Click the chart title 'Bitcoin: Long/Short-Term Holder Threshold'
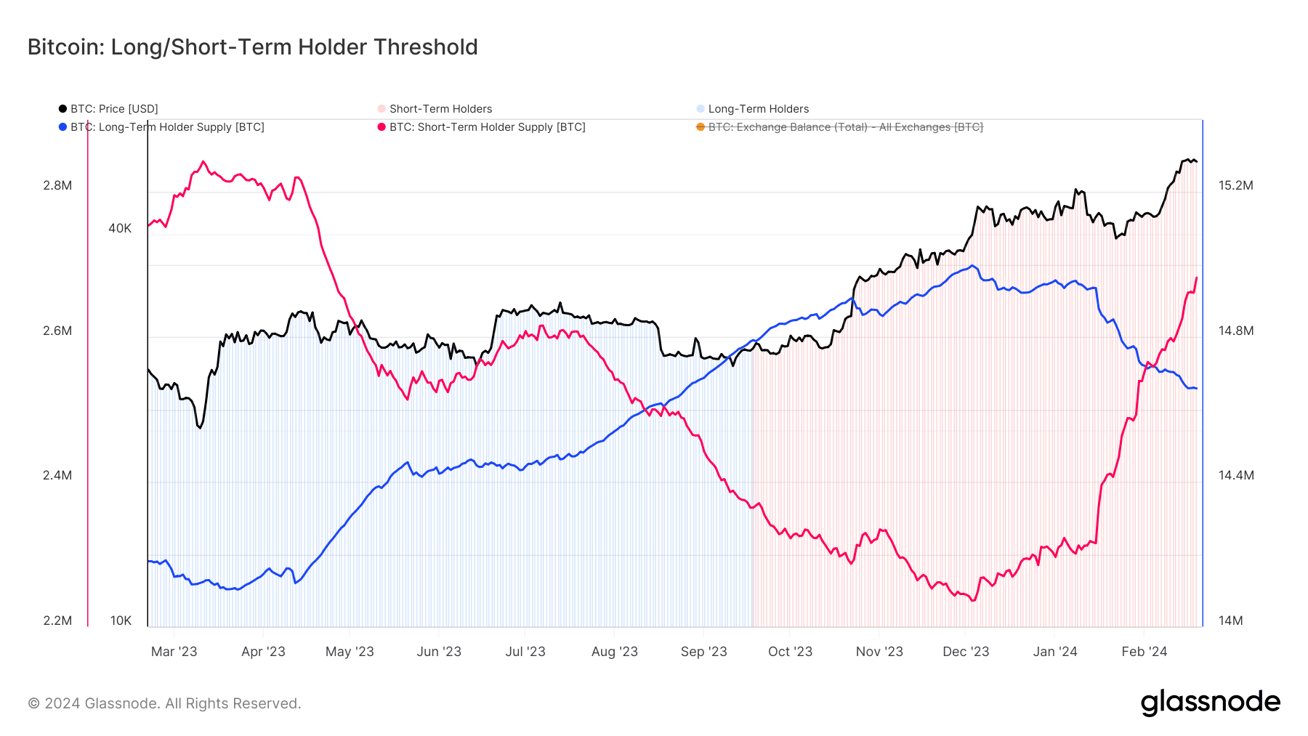(x=252, y=47)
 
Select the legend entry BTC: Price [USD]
(x=113, y=109)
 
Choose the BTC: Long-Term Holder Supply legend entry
(x=166, y=127)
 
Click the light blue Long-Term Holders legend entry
(x=758, y=109)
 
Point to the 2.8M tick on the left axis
(x=57, y=185)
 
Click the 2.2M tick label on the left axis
(x=57, y=620)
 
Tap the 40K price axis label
(x=120, y=228)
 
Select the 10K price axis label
(x=121, y=620)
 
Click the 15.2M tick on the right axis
(x=1235, y=185)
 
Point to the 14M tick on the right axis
(x=1230, y=620)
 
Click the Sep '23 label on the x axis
(x=703, y=652)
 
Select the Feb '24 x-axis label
(x=1144, y=652)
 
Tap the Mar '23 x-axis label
(x=174, y=652)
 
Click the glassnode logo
(x=1210, y=703)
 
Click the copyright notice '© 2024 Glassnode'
(x=164, y=703)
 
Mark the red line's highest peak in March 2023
(x=203, y=161)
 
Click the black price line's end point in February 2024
(x=1196, y=161)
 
